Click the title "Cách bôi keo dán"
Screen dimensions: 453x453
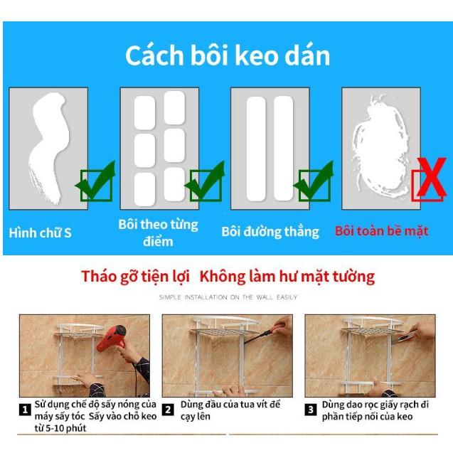tap(228, 55)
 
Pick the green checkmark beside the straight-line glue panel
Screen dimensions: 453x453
tap(315, 181)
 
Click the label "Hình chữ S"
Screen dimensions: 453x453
tap(40, 233)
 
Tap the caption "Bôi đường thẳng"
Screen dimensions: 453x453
tap(270, 232)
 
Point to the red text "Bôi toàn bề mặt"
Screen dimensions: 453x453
tap(381, 231)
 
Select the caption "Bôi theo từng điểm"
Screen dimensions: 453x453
tap(159, 233)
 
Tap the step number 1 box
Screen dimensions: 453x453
tap(25, 410)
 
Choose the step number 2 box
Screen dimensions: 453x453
tap(168, 410)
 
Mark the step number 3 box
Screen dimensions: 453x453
tap(311, 410)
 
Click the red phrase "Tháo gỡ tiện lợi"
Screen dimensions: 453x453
tap(135, 277)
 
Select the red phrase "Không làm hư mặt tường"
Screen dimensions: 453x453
tap(287, 277)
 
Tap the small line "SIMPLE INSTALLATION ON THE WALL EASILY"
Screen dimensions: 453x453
tap(228, 297)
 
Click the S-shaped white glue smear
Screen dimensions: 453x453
tap(48, 147)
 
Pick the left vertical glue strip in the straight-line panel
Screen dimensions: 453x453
tap(256, 149)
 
